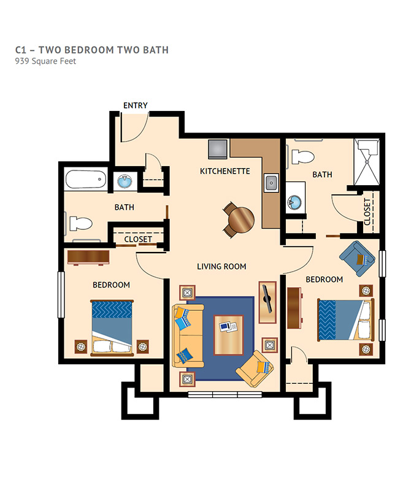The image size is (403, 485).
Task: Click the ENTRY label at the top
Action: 136,105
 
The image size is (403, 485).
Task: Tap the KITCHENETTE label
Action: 225,171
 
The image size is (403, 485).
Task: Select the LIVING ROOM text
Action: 221,266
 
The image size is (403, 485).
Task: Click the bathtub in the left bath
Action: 86,180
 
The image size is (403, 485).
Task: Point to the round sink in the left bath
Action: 125,181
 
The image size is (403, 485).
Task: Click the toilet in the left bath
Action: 80,224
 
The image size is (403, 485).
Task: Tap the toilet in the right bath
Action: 303,157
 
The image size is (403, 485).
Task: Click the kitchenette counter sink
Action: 271,183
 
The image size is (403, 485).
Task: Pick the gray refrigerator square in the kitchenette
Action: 218,149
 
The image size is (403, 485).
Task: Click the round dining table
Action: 241,220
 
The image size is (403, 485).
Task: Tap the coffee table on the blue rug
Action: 229,335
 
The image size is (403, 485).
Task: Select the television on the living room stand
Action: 266,299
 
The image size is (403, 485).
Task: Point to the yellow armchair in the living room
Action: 255,369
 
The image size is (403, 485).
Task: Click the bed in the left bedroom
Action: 112,327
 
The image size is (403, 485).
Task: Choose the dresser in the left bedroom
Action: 88,258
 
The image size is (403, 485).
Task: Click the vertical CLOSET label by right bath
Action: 367,212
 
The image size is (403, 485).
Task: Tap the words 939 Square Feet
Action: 45,61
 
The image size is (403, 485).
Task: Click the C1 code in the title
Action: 21,50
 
